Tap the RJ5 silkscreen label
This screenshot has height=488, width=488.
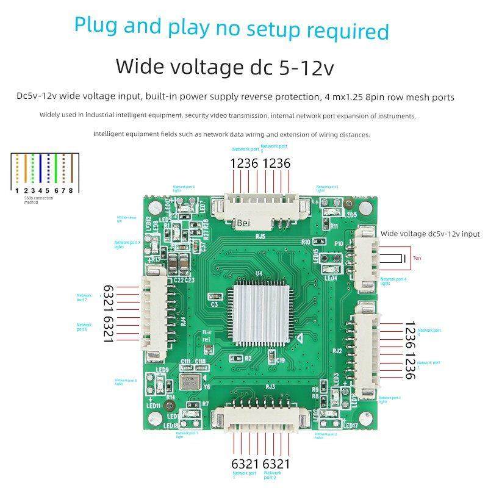click(260, 237)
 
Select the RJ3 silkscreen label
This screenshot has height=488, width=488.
click(270, 386)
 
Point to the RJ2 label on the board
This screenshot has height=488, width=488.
click(337, 351)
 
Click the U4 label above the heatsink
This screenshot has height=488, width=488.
click(259, 273)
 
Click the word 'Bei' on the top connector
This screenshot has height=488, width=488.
click(244, 223)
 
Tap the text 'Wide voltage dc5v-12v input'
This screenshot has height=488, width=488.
click(430, 234)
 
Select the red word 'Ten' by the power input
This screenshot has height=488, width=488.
click(417, 258)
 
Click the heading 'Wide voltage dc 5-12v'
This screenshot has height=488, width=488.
click(224, 66)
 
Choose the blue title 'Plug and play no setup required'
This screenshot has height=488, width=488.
click(231, 28)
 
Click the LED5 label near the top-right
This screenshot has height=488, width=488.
click(351, 215)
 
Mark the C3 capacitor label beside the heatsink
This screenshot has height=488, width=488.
click(214, 303)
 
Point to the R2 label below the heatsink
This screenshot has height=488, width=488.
click(248, 359)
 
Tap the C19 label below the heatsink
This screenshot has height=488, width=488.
click(280, 361)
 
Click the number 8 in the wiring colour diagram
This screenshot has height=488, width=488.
click(71, 190)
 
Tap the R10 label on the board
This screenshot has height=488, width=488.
click(306, 242)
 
